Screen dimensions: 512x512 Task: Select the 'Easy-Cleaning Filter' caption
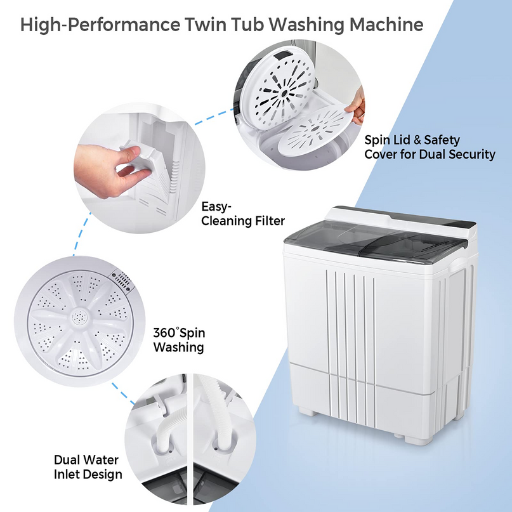tap(242, 213)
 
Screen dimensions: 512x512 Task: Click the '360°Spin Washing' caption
tap(179, 340)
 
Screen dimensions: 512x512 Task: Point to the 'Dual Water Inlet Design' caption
tap(88, 467)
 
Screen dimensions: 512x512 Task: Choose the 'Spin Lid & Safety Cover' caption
tap(429, 147)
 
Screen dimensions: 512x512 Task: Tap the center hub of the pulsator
tap(80, 316)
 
